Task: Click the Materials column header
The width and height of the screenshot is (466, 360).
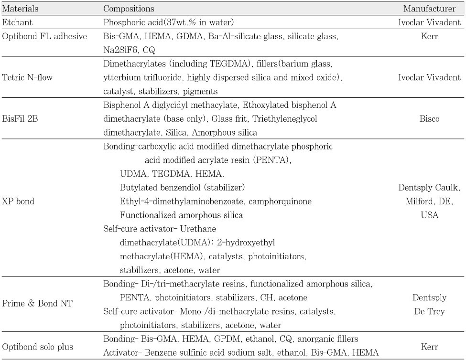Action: (21, 9)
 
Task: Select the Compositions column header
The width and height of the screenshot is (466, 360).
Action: (129, 9)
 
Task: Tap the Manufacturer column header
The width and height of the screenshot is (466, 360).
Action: (429, 9)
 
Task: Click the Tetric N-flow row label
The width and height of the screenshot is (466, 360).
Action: (27, 77)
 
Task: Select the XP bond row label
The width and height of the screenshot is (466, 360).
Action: (19, 201)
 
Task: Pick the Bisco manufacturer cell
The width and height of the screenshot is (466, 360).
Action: (429, 118)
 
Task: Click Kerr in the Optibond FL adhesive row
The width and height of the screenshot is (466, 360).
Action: (429, 36)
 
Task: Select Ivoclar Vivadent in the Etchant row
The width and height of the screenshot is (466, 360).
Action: (429, 22)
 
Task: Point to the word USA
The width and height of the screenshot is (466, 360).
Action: (429, 215)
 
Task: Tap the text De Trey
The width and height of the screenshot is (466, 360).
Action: (429, 311)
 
